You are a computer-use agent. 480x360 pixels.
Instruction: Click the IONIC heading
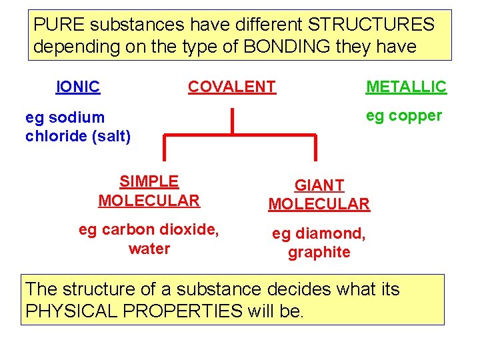pos(78,87)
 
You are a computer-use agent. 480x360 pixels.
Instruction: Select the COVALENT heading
pos(232,87)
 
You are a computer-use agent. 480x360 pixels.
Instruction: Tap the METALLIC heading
pos(406,87)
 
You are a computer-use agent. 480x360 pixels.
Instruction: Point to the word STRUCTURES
pos(371,25)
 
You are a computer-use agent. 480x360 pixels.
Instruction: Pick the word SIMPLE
pos(149,181)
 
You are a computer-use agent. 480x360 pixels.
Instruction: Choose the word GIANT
pos(319,185)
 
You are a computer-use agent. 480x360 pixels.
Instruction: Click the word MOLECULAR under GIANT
pos(319,204)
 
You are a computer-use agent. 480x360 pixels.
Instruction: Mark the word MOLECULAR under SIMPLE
pos(149,200)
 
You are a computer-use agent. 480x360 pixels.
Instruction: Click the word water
pos(149,249)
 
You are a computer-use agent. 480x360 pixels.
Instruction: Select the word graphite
pos(319,253)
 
